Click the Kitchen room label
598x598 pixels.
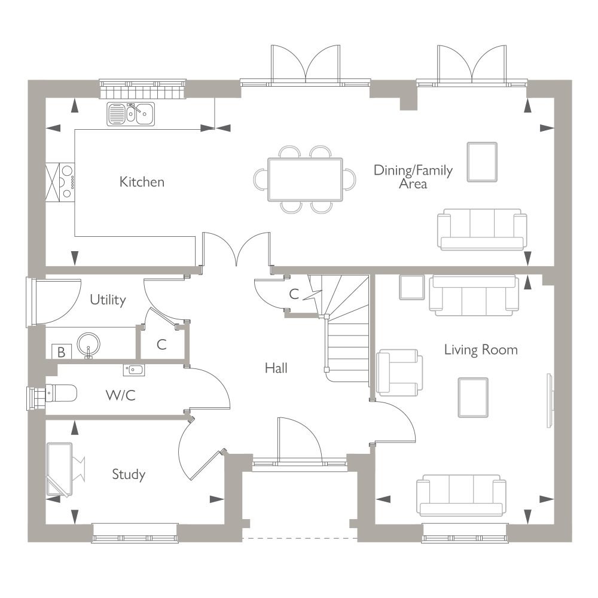(142, 182)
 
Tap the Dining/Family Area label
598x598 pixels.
(413, 177)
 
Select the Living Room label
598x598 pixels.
(481, 350)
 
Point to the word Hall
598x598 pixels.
(276, 368)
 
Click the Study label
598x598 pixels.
(129, 475)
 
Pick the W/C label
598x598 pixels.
(121, 395)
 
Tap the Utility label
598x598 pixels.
(108, 300)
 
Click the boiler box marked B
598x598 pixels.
(62, 352)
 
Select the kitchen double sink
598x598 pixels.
(131, 114)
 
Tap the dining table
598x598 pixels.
(305, 179)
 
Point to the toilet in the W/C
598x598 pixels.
(61, 393)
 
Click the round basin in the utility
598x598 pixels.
(89, 344)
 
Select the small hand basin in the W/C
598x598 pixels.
(133, 370)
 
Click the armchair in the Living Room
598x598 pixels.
(399, 373)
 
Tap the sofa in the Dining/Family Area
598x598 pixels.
(482, 230)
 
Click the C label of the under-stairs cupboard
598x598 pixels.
(294, 294)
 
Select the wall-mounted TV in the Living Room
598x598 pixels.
(550, 401)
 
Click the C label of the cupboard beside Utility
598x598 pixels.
(161, 345)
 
